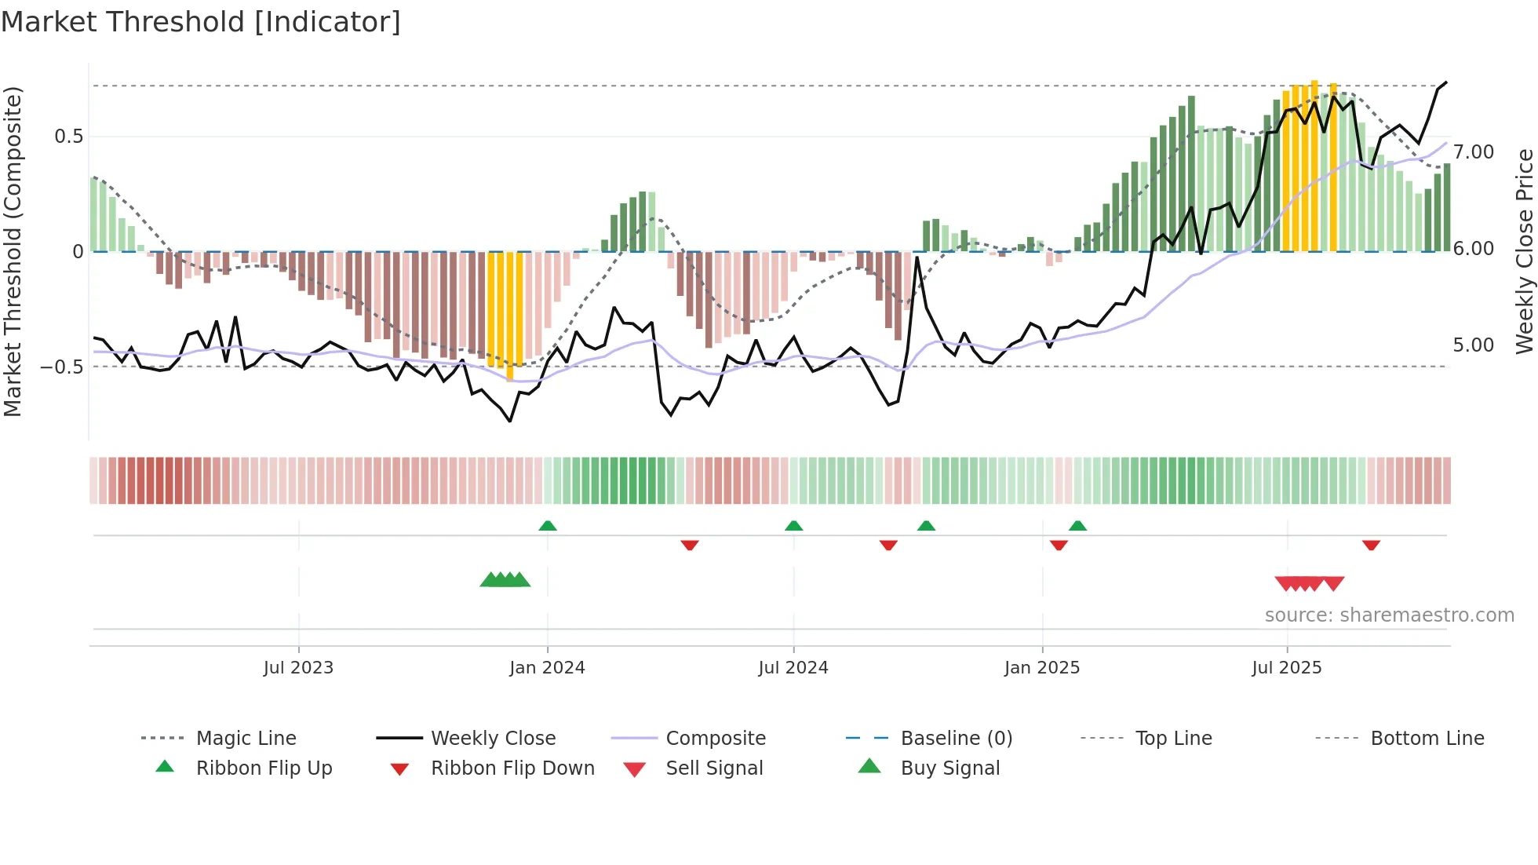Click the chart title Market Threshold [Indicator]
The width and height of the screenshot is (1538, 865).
[x=201, y=22]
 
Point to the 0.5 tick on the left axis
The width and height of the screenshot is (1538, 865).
[x=68, y=137]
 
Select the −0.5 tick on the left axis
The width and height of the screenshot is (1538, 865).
[x=62, y=367]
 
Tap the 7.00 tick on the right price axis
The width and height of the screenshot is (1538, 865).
[x=1473, y=152]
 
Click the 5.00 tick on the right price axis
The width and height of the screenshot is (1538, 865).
[x=1473, y=345]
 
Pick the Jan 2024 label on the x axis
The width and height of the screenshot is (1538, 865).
[x=547, y=668]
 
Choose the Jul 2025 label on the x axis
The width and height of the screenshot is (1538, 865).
[x=1286, y=668]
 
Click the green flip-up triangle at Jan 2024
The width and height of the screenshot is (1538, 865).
[x=548, y=526]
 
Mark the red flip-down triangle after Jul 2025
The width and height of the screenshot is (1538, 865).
[x=1371, y=545]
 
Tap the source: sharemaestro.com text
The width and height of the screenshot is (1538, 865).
[x=1389, y=615]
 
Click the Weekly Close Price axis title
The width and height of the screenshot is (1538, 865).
[x=1524, y=251]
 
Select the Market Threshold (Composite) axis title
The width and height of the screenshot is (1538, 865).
[x=13, y=251]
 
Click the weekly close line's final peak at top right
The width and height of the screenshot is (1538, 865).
[x=1445, y=82]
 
